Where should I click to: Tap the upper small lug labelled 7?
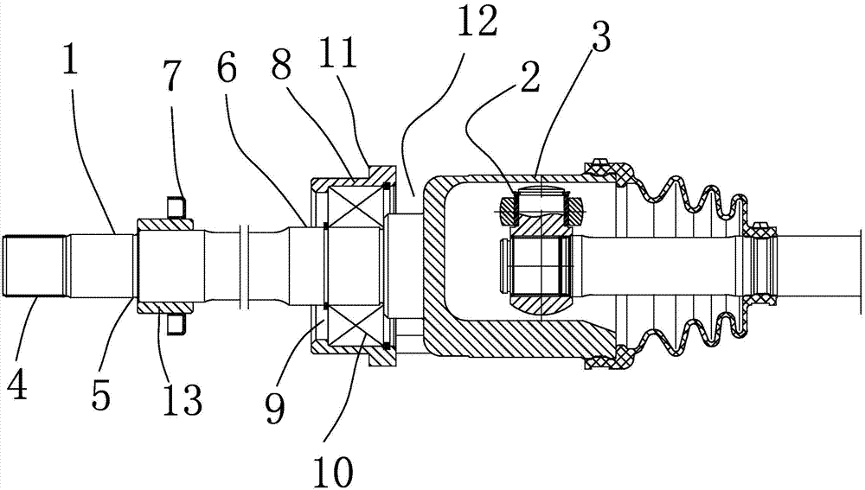pos(176,205)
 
